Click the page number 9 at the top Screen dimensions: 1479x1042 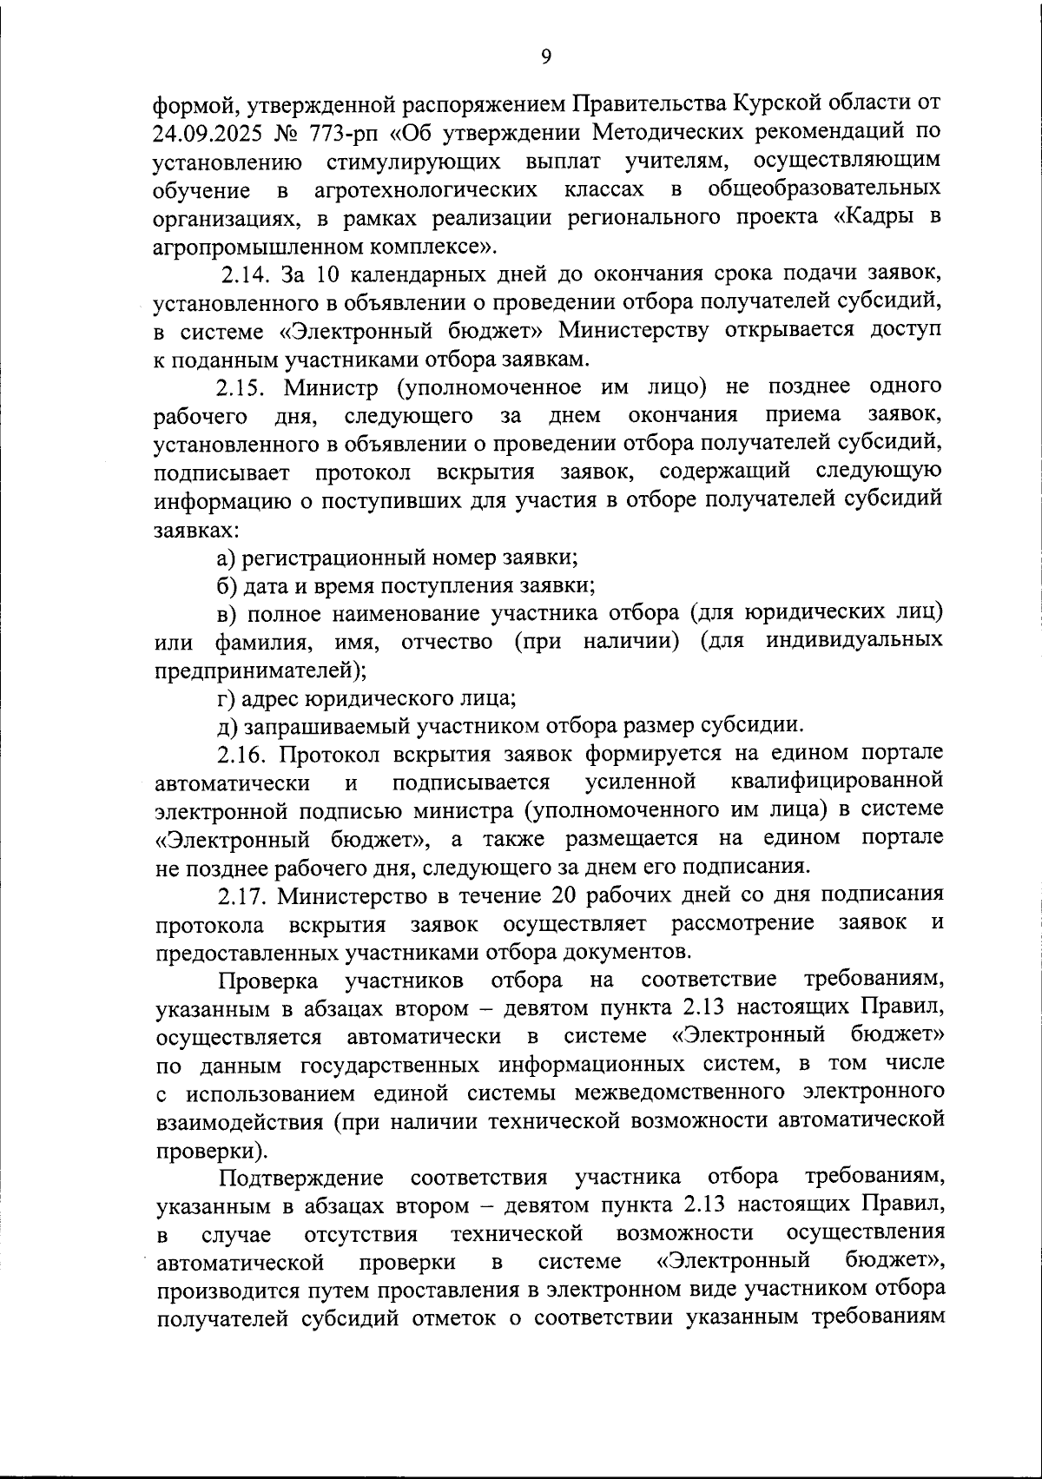pyautogui.click(x=545, y=56)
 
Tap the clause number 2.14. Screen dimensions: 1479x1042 pyautogui.click(x=247, y=274)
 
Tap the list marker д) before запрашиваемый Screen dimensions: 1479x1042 pyautogui.click(x=227, y=725)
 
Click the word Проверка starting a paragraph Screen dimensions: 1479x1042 pyautogui.click(x=269, y=980)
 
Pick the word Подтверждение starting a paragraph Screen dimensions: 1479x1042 pyautogui.click(x=301, y=1177)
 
